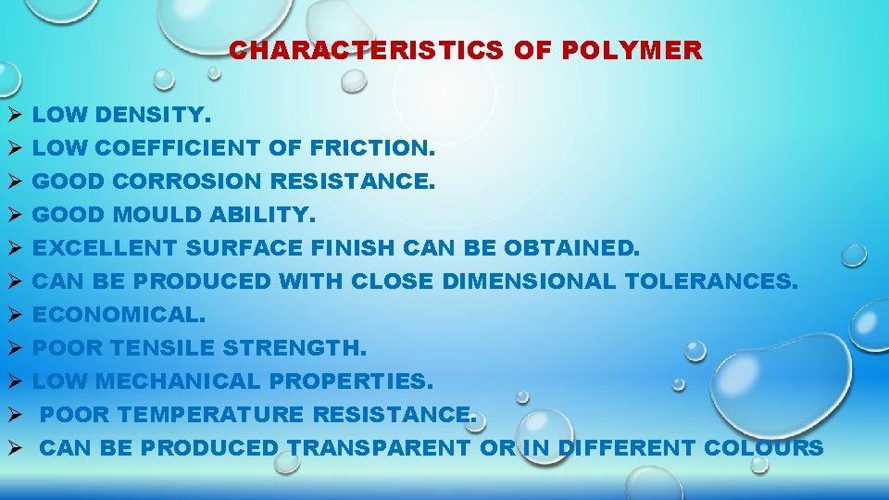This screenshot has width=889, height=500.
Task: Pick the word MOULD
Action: coord(157,215)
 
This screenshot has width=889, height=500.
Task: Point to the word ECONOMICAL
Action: coord(119,315)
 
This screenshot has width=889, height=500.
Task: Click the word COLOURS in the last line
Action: coord(764,448)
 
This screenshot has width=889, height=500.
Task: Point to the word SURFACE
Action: coord(244,248)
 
